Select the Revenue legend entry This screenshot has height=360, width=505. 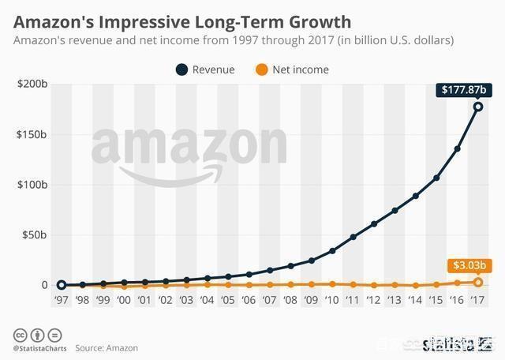[204, 69]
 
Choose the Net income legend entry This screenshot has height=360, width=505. [291, 69]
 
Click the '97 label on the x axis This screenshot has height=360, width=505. [61, 301]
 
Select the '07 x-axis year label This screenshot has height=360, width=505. [269, 301]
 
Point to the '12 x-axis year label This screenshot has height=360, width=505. [373, 301]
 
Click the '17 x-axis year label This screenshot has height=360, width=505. [477, 301]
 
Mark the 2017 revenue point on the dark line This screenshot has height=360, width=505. [477, 107]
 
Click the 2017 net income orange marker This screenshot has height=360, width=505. [477, 282]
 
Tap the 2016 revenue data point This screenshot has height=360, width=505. [457, 148]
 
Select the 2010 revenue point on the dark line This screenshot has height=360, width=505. [331, 250]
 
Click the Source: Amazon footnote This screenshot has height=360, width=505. [107, 347]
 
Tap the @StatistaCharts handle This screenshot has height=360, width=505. [39, 347]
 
